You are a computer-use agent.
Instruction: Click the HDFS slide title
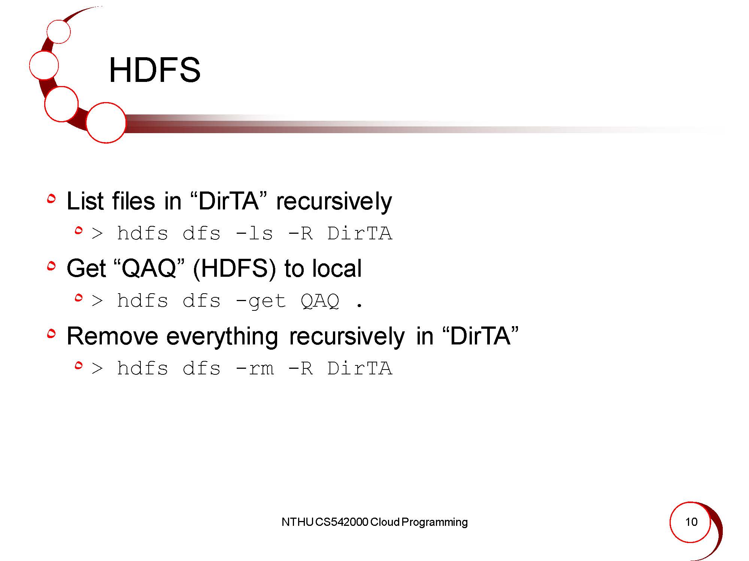pos(155,70)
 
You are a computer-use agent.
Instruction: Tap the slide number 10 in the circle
pos(691,522)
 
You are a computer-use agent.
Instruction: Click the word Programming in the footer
pos(434,522)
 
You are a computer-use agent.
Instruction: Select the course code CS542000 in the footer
pos(342,522)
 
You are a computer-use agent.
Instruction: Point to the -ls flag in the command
pos(254,233)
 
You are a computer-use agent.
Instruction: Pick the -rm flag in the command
pos(255,368)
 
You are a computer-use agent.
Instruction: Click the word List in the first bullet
pos(85,201)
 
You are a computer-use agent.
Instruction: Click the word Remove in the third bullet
pos(112,336)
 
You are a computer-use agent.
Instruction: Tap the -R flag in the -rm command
pos(300,368)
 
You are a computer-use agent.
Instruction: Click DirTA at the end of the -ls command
pos(360,233)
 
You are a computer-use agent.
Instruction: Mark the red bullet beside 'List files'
pos(51,199)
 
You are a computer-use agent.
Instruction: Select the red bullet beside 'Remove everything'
pos(51,333)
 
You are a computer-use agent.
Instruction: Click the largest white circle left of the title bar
pos(106,123)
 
